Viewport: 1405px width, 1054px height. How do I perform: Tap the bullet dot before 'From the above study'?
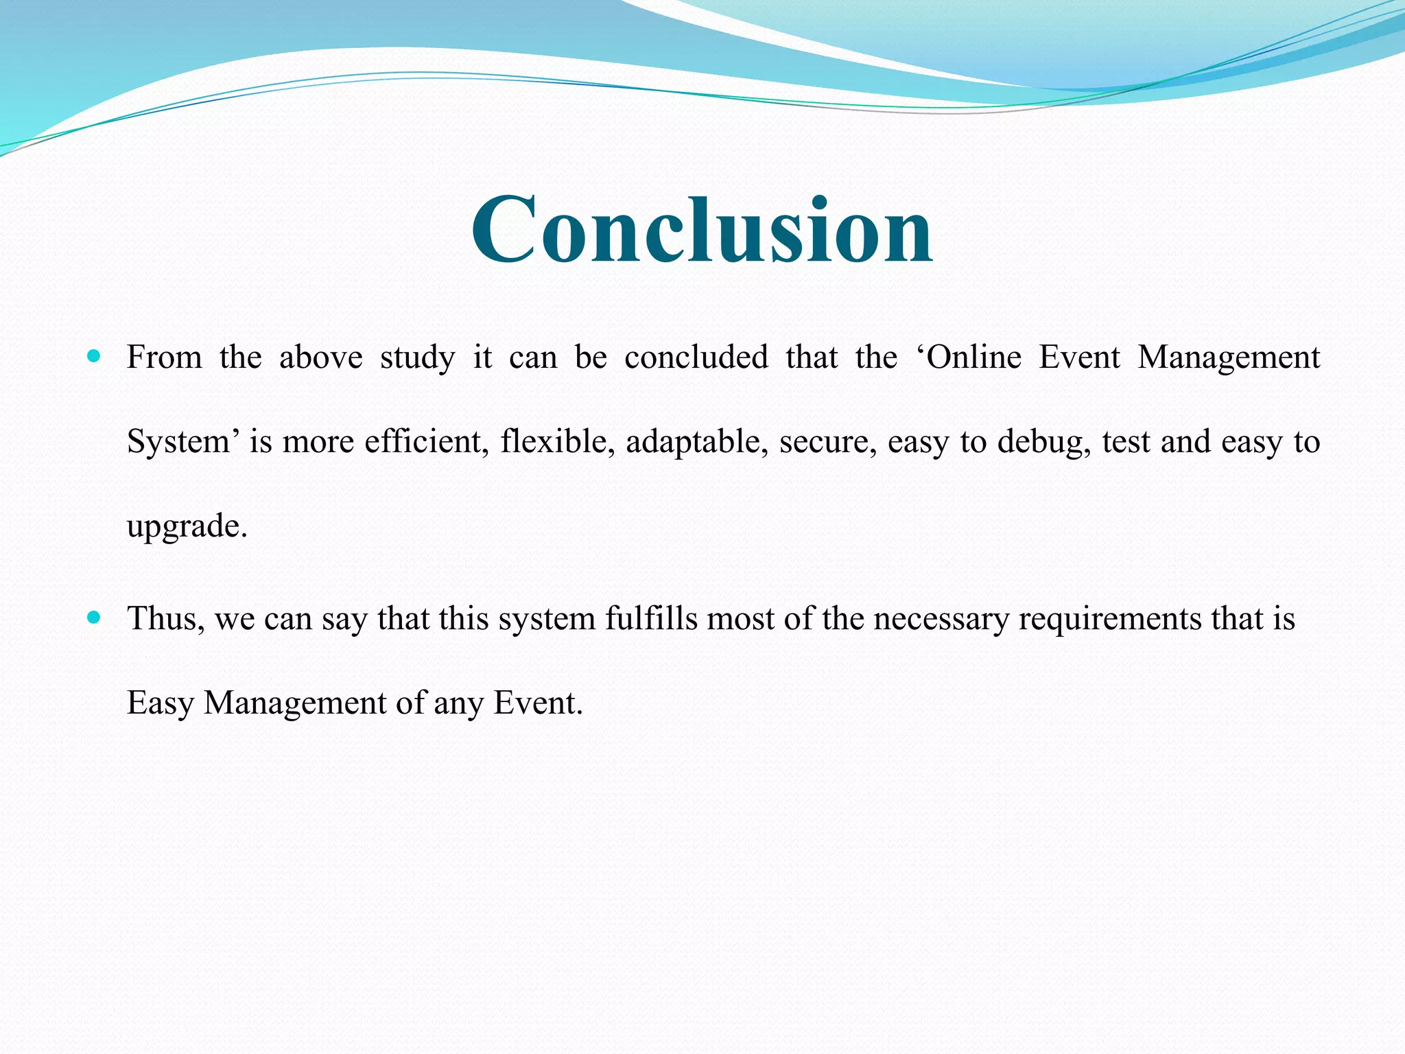pos(95,356)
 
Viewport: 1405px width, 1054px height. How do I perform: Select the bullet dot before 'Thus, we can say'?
pos(95,618)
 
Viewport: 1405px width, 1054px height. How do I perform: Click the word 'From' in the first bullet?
pos(165,358)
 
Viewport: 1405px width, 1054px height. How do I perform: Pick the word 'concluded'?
pos(696,358)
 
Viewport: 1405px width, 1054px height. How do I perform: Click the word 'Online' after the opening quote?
pos(974,358)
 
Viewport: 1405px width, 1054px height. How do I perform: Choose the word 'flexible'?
pos(557,441)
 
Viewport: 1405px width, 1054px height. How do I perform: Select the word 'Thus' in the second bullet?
pos(165,619)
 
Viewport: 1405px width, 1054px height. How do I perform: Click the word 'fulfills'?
pos(651,619)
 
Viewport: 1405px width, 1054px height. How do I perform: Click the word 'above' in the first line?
pos(320,358)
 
